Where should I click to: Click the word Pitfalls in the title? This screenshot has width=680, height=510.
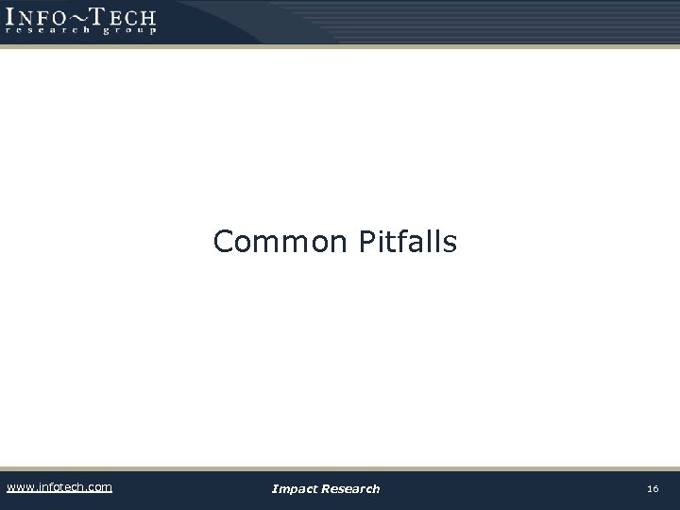pos(408,242)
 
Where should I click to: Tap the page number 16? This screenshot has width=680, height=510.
pos(653,488)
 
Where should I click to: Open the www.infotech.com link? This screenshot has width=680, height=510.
pos(59,487)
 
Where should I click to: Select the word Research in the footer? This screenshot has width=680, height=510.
pos(351,488)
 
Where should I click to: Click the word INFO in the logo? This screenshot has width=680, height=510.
pos(42,16)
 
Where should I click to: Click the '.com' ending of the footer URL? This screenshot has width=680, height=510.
pos(98,487)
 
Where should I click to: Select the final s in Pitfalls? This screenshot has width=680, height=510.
pos(450,244)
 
